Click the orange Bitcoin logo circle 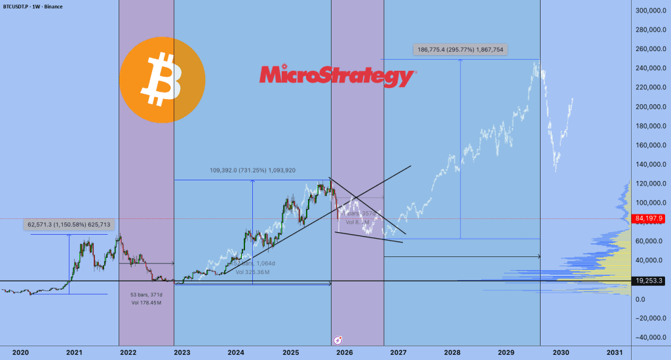[x=162, y=79]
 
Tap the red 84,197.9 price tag [x=651, y=219]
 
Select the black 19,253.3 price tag [x=651, y=281]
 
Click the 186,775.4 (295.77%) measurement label [x=461, y=49]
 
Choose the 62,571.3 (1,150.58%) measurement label [x=69, y=224]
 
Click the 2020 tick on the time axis [x=20, y=352]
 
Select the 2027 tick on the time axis [x=398, y=352]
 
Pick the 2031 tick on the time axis [x=614, y=352]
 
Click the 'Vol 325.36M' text [x=251, y=271]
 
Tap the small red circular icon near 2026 [x=338, y=340]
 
